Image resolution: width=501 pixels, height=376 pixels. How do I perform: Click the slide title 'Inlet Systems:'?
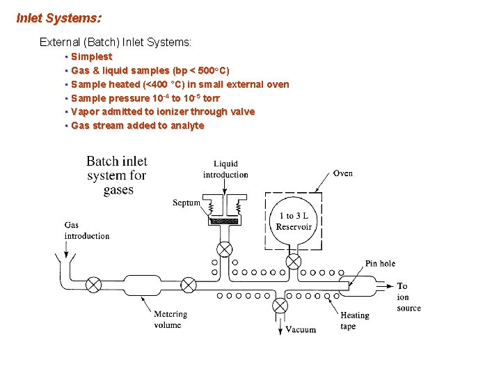pyautogui.click(x=58, y=17)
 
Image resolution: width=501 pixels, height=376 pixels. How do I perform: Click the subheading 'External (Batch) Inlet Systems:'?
pyautogui.click(x=115, y=42)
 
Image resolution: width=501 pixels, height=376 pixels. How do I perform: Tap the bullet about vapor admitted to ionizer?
pyautogui.click(x=163, y=111)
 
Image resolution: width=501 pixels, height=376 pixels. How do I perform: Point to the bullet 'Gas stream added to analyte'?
pyautogui.click(x=137, y=125)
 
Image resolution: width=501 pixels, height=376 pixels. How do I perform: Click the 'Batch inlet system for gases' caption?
pyautogui.click(x=117, y=175)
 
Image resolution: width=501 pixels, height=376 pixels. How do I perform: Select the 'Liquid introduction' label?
pyautogui.click(x=225, y=169)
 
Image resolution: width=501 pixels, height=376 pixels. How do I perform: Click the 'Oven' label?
pyautogui.click(x=342, y=173)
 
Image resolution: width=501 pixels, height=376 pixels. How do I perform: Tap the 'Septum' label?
pyautogui.click(x=186, y=203)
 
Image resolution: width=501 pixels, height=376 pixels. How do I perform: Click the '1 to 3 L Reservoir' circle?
pyautogui.click(x=294, y=221)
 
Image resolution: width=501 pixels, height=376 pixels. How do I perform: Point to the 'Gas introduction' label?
pyautogui.click(x=87, y=230)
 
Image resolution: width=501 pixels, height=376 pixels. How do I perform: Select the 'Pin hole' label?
pyautogui.click(x=380, y=263)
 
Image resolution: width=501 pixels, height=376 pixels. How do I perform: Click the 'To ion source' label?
pyautogui.click(x=408, y=297)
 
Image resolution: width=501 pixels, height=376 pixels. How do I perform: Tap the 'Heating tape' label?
pyautogui.click(x=354, y=320)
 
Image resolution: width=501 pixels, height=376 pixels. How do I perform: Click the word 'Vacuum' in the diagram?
pyautogui.click(x=301, y=329)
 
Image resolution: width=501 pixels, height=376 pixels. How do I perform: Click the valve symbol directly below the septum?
pyautogui.click(x=225, y=250)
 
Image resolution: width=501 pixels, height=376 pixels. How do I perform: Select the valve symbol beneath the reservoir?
pyautogui.click(x=294, y=262)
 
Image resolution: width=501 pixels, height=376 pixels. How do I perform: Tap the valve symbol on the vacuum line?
pyautogui.click(x=280, y=305)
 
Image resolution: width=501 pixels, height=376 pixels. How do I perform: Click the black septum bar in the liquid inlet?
pyautogui.click(x=224, y=221)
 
